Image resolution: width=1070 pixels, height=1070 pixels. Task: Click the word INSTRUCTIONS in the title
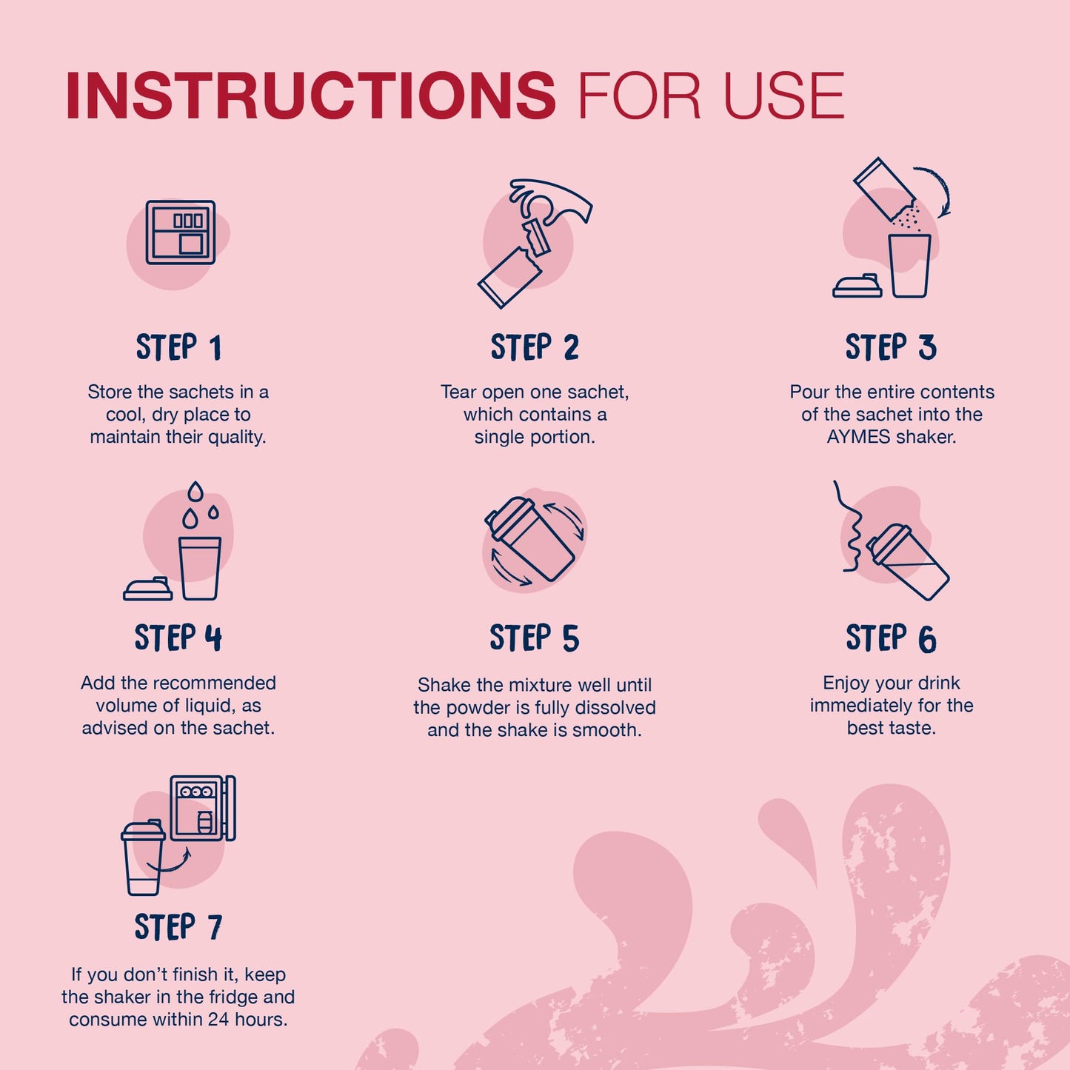[311, 95]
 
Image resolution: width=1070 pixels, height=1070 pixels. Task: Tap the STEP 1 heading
[178, 347]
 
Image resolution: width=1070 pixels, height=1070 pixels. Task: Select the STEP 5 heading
[534, 638]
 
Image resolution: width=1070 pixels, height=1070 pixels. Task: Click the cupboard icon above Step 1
[181, 232]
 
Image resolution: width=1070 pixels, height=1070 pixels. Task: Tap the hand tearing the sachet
[549, 201]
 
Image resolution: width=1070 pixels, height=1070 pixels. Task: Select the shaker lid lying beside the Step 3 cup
[857, 286]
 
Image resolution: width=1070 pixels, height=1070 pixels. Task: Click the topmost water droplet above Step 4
[195, 491]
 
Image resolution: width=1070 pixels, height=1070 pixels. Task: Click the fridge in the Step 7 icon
[203, 808]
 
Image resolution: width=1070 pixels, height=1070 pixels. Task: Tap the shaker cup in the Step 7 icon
[143, 858]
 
